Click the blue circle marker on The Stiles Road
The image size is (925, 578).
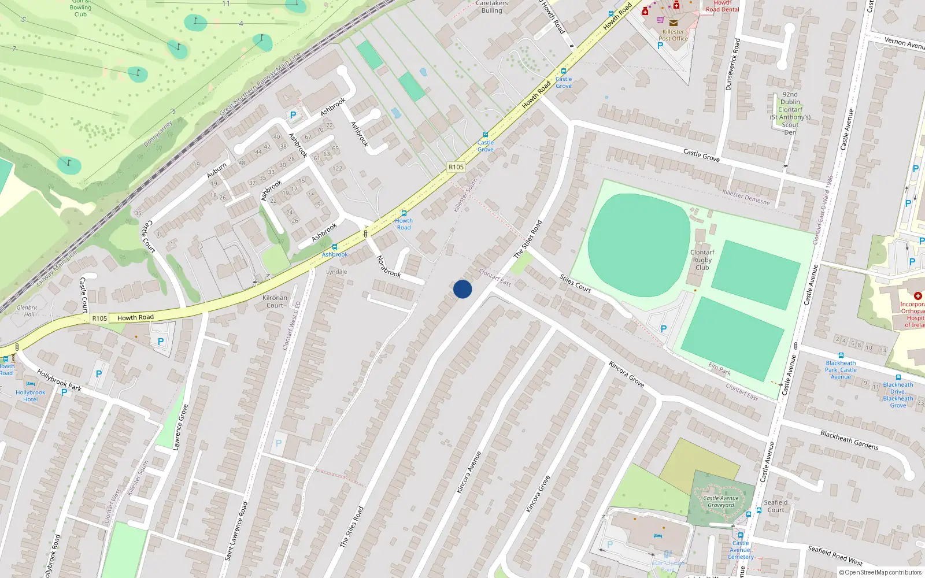coord(462,289)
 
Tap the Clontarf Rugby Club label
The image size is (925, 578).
coord(702,260)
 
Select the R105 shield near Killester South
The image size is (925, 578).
coord(456,167)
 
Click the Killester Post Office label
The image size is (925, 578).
coord(673,35)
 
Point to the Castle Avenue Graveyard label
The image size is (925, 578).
coord(721,502)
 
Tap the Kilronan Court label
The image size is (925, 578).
coord(275,302)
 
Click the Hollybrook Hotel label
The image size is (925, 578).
coord(30,396)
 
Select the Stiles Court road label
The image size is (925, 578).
coord(575,284)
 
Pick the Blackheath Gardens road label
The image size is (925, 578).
coord(849,440)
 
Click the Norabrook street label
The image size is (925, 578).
coord(388,266)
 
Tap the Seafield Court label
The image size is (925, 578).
coord(776,506)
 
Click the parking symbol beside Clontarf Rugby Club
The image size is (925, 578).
coord(664,329)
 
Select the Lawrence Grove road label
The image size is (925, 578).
coord(181,427)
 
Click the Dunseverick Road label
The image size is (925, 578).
coord(732,64)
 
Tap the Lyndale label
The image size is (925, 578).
coord(336,272)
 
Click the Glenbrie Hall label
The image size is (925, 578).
coord(27,311)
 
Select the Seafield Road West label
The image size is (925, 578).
coord(835,555)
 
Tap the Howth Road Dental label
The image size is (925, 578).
coord(723,6)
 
